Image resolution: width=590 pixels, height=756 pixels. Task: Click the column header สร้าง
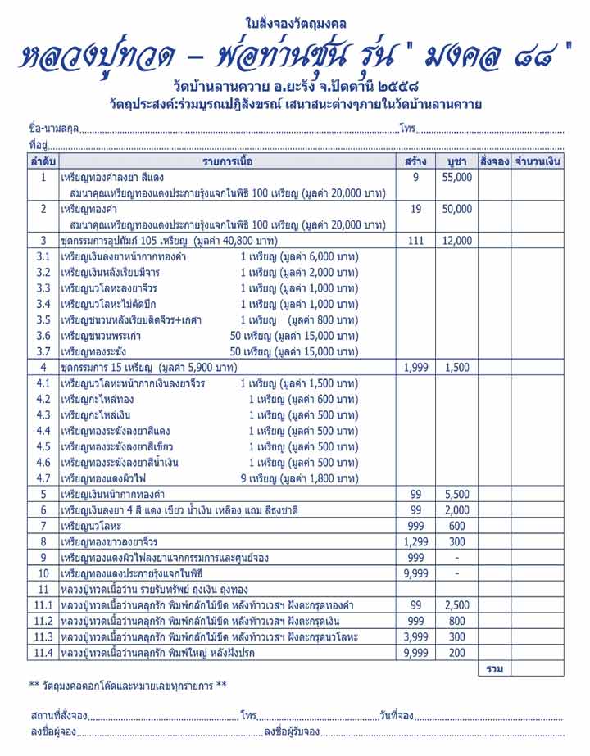tap(415, 161)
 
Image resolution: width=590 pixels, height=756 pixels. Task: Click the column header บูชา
tap(456, 161)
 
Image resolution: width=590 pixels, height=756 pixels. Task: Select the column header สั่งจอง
tap(495, 161)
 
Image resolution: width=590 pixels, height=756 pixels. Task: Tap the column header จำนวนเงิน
tap(538, 161)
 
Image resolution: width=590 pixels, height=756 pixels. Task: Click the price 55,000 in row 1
tap(456, 177)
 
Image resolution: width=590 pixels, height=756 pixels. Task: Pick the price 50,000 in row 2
tap(456, 209)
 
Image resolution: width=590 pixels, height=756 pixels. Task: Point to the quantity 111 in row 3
tap(415, 241)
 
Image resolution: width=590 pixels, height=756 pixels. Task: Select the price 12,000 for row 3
tap(456, 241)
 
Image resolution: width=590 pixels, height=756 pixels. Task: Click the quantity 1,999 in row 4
tap(415, 368)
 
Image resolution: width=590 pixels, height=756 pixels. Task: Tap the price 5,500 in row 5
tap(456, 494)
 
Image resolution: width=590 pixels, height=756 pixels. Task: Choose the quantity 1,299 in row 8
tap(415, 541)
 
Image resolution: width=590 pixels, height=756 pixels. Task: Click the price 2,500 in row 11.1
tap(456, 605)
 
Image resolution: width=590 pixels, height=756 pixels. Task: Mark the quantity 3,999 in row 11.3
tap(415, 636)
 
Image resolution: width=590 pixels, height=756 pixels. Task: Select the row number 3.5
tap(43, 319)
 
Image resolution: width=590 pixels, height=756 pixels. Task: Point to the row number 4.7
tap(43, 478)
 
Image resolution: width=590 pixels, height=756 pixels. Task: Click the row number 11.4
tap(43, 653)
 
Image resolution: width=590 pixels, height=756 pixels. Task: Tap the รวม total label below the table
tap(494, 669)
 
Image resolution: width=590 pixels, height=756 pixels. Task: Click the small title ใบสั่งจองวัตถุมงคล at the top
tap(295, 20)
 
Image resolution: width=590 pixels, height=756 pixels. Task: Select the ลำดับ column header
tap(43, 161)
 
